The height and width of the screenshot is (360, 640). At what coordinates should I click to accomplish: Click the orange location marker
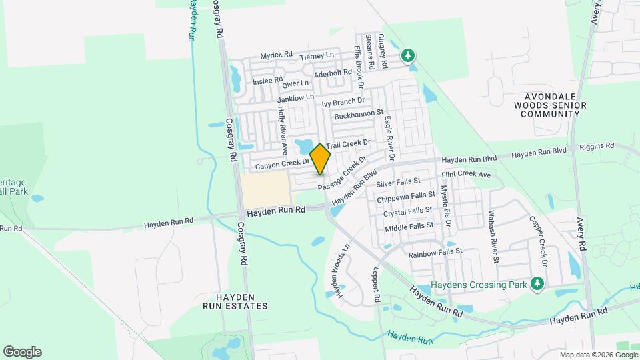click(x=321, y=159)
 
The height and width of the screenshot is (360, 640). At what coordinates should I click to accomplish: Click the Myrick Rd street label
click(x=277, y=55)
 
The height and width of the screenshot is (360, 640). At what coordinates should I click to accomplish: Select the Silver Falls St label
click(x=399, y=181)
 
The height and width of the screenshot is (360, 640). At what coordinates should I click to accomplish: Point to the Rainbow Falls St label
click(x=435, y=253)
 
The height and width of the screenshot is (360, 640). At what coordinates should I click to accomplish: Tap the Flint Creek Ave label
click(x=466, y=175)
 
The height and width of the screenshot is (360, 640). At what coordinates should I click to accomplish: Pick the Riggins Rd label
click(x=596, y=146)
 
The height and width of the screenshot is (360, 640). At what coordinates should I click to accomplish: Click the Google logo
click(x=22, y=351)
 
